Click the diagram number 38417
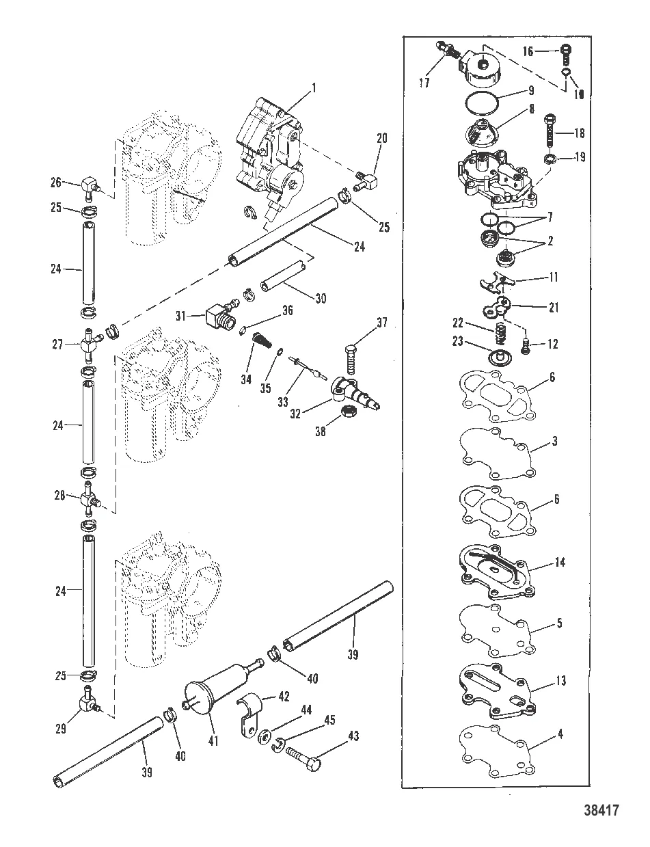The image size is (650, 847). pos(601,811)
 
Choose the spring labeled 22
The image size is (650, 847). pos(500,334)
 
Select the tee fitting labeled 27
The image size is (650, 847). pos(88,345)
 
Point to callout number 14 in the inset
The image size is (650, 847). pos(560,562)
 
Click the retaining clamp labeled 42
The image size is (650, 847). pos(249,716)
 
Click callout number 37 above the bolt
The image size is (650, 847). pos(382,322)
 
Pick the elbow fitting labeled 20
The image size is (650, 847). pos(366,181)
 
